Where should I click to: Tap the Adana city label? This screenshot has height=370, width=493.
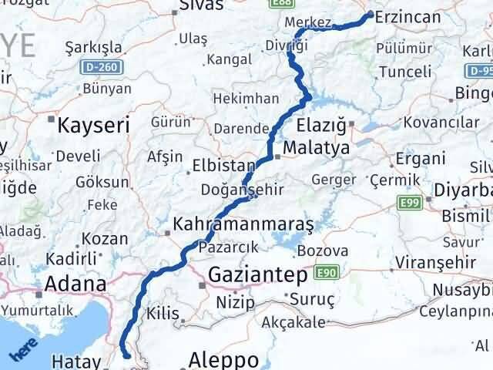click(75, 284)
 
